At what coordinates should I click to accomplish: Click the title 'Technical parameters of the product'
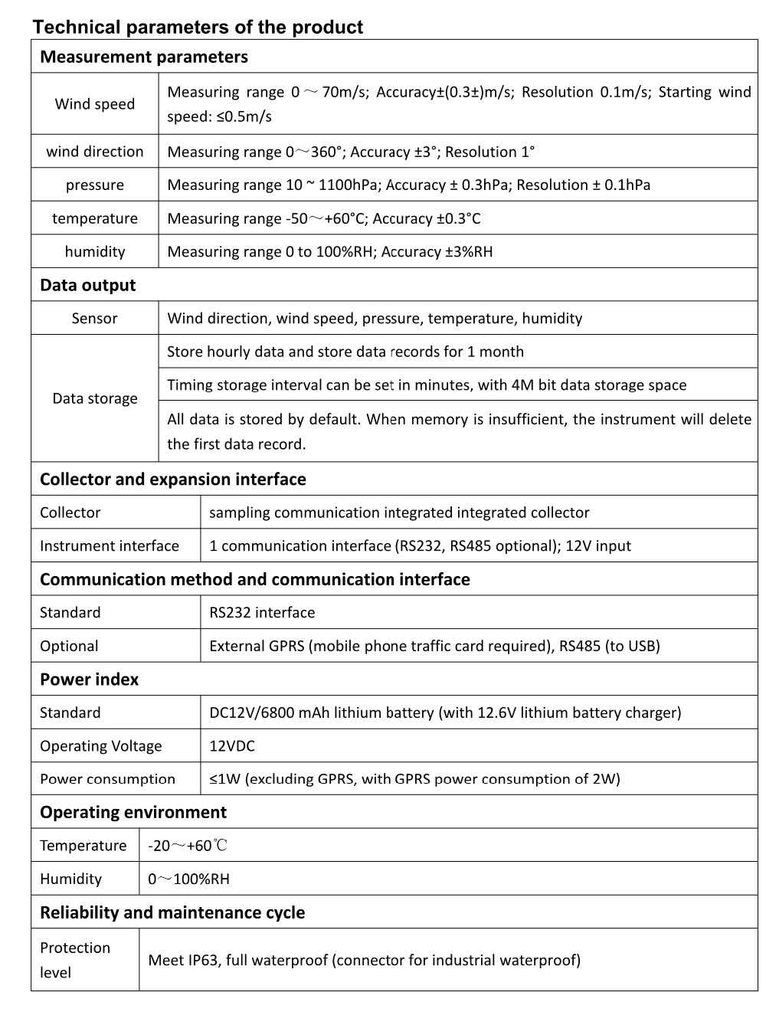(x=198, y=28)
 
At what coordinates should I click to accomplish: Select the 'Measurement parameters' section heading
(x=144, y=57)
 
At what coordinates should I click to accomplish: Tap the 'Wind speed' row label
(x=94, y=104)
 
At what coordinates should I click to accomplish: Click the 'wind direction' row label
(x=94, y=152)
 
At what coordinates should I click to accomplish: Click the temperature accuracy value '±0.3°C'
(x=458, y=218)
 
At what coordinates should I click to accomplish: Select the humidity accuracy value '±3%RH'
(x=469, y=251)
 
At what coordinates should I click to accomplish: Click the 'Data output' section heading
(x=87, y=285)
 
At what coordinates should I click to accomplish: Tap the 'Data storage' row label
(x=94, y=398)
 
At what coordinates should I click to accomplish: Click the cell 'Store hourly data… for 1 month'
(x=345, y=352)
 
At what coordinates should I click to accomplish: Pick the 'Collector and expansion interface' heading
(x=173, y=480)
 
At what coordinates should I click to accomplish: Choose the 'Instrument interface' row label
(x=110, y=546)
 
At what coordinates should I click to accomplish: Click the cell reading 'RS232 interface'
(x=262, y=613)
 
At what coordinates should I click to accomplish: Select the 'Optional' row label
(x=69, y=646)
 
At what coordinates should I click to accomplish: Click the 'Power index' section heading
(x=90, y=680)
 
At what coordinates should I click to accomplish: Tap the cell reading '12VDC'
(x=232, y=746)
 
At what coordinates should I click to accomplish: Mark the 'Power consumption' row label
(x=107, y=779)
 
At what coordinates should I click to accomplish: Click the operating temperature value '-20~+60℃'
(x=188, y=846)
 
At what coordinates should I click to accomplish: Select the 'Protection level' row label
(x=75, y=960)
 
